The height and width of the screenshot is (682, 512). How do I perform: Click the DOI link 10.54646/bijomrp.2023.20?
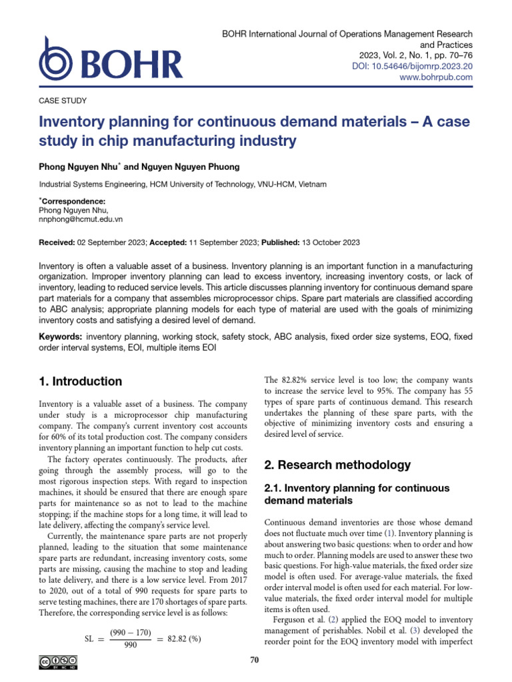pyautogui.click(x=412, y=66)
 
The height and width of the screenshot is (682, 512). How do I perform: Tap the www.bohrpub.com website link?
pyautogui.click(x=435, y=77)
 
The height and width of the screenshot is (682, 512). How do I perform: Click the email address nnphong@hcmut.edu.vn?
pyautogui.click(x=81, y=218)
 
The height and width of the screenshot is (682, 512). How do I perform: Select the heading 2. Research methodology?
pyautogui.click(x=337, y=464)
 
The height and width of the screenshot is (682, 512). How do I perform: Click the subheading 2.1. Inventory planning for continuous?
pyautogui.click(x=357, y=488)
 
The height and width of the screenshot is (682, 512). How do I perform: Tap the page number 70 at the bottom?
pyautogui.click(x=253, y=660)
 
